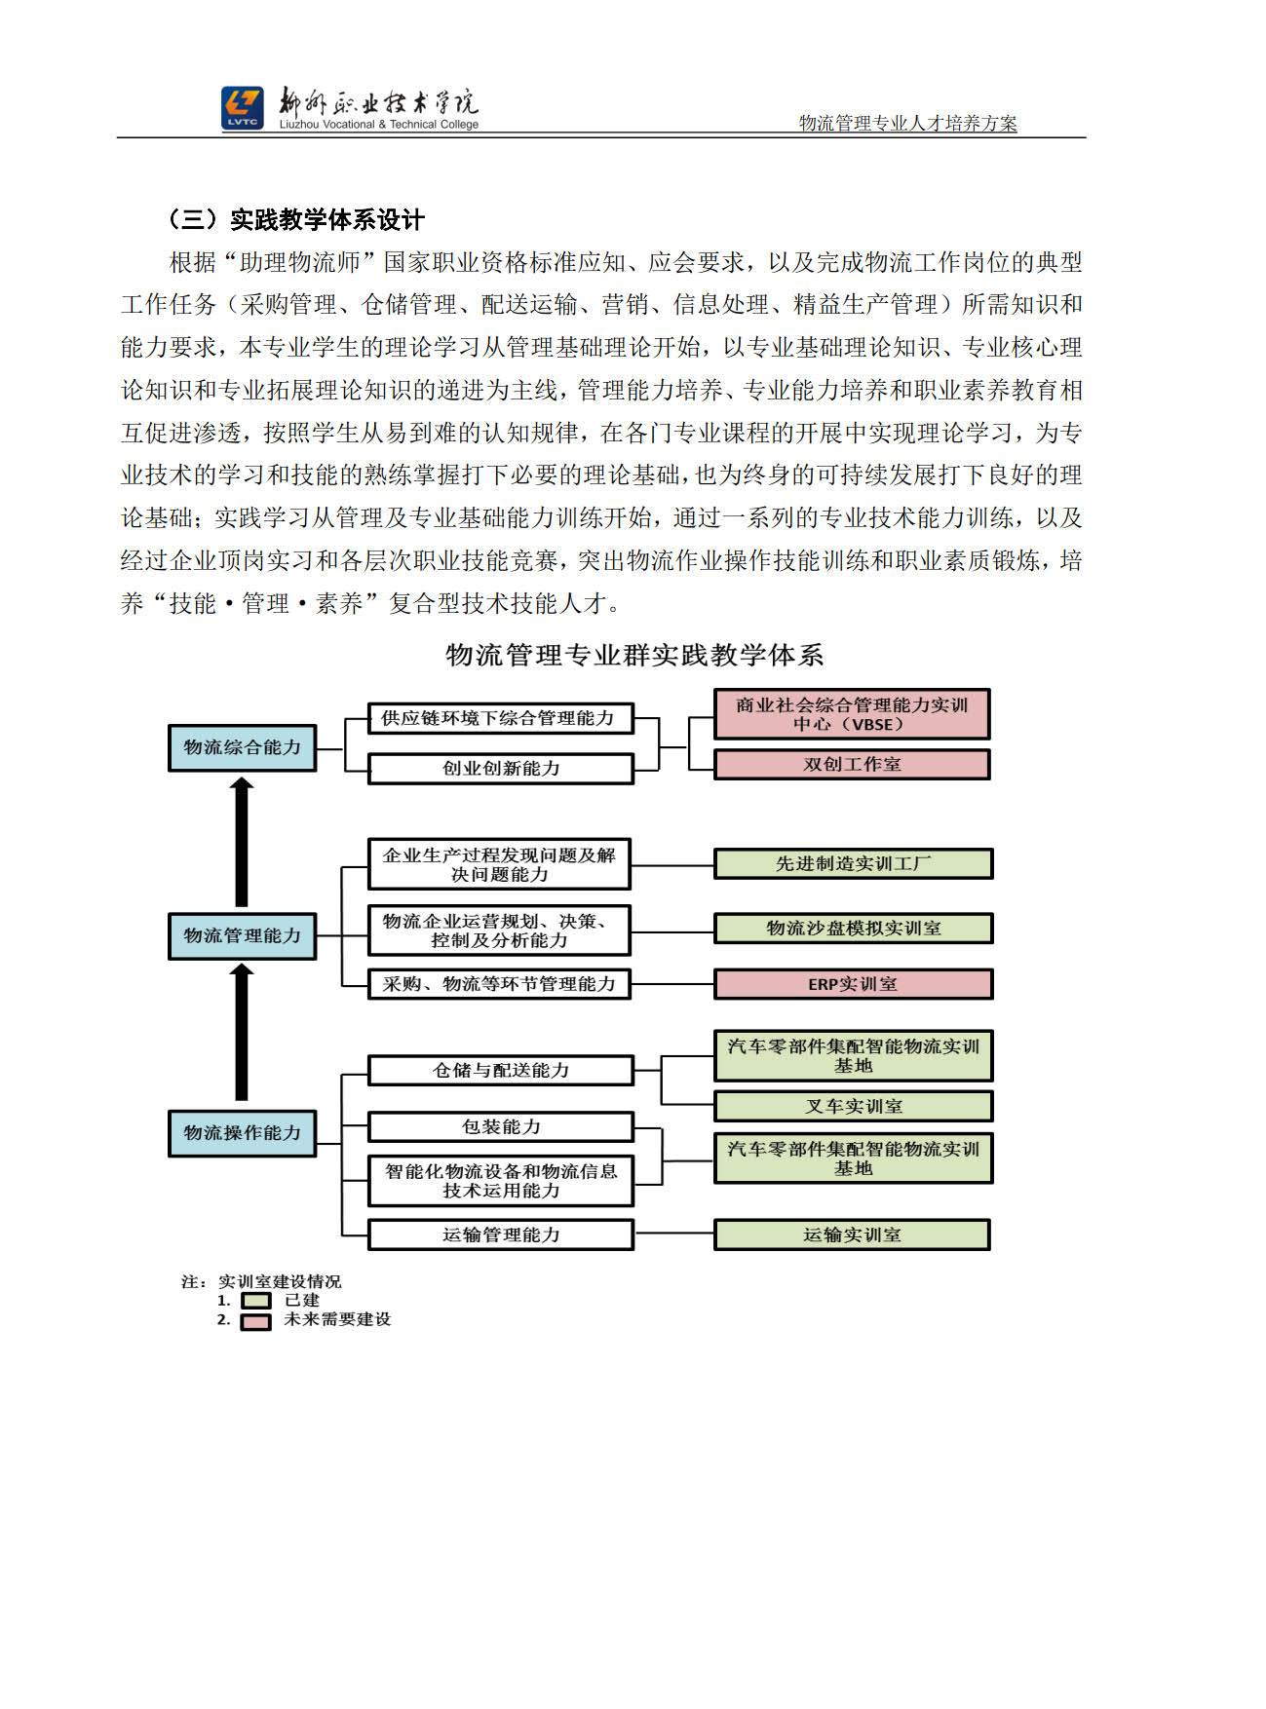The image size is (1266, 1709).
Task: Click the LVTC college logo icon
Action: click(242, 107)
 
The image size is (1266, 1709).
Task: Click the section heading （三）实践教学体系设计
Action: click(296, 219)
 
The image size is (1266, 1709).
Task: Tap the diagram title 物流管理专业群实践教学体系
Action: click(634, 655)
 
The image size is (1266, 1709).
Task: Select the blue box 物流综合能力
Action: click(243, 747)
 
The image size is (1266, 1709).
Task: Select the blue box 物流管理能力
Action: click(243, 935)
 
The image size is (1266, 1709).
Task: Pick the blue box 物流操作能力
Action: click(243, 1133)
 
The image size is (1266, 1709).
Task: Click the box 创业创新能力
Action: click(501, 769)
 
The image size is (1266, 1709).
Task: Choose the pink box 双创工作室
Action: click(852, 765)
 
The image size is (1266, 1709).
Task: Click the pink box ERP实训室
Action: click(853, 984)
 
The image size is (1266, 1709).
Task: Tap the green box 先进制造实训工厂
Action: click(853, 863)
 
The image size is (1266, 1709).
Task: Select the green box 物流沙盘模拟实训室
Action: click(853, 929)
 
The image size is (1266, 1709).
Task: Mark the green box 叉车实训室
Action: click(853, 1107)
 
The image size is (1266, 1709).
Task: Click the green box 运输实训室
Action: click(852, 1234)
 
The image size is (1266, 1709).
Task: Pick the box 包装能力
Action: click(501, 1127)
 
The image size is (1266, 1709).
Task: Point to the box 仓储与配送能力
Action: click(501, 1071)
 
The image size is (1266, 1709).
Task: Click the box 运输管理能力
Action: click(501, 1234)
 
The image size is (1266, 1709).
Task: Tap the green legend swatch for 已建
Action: click(256, 1301)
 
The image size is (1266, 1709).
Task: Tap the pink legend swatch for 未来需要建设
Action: click(256, 1321)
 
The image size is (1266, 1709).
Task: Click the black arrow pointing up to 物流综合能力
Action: click(242, 843)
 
